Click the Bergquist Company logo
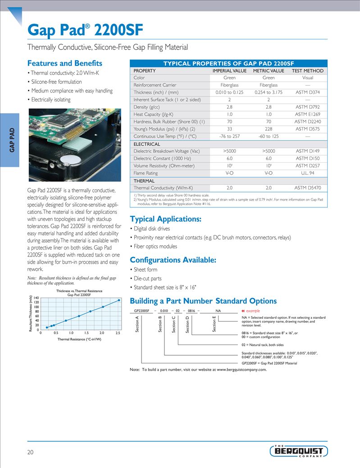coord(299,451)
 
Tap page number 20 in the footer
coord(31,452)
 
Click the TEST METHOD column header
coord(307,71)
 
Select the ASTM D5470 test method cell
coord(307,188)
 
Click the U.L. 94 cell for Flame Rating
coord(307,173)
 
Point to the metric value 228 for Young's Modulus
coord(268,129)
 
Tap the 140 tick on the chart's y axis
coord(36,298)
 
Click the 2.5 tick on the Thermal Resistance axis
coord(118,333)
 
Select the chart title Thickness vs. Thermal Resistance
coord(79,291)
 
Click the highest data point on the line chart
coord(118,300)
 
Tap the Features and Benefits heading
coord(65,63)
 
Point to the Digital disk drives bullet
coord(151,229)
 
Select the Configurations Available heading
coord(173,260)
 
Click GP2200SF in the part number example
coord(141,311)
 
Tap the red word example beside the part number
coord(253,311)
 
